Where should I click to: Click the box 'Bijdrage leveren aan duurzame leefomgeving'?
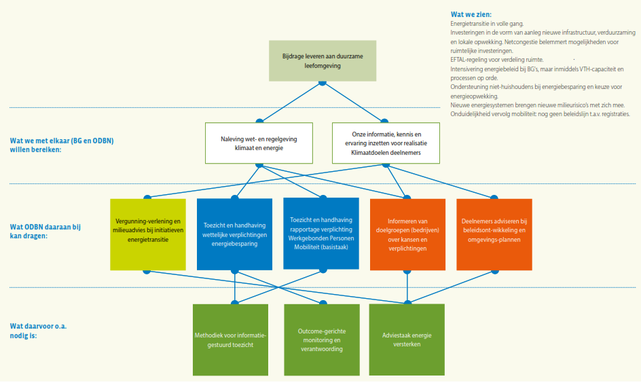click(322, 60)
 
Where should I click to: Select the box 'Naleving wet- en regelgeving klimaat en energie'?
click(259, 143)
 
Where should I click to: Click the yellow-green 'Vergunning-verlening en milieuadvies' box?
click(148, 233)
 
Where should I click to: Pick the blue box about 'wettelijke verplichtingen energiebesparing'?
click(234, 233)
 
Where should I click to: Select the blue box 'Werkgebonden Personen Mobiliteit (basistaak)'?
click(320, 233)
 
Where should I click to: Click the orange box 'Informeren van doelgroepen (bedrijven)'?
click(407, 233)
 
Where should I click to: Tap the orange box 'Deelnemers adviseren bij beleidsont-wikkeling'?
click(494, 233)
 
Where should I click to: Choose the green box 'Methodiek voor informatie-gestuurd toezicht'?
click(231, 339)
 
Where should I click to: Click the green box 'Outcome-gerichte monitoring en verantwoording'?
click(320, 339)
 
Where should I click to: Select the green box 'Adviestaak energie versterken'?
click(407, 339)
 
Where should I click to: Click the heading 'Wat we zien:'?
click(471, 14)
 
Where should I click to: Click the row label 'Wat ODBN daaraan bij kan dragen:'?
click(45, 231)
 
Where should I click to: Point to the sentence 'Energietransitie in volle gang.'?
click(487, 24)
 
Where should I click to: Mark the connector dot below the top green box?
click(322, 82)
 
